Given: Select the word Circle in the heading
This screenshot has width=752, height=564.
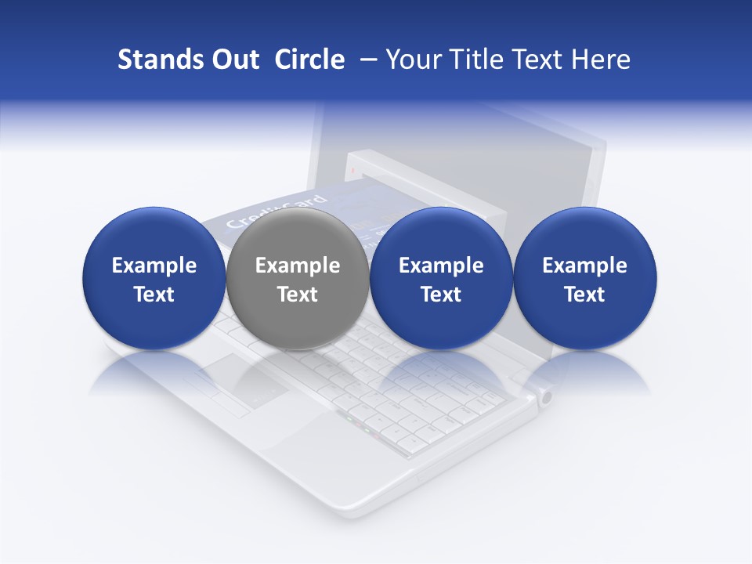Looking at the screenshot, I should [x=309, y=60].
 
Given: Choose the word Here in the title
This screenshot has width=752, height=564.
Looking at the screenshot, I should [x=602, y=60].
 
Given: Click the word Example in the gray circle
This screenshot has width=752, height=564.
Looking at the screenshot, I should [x=298, y=266].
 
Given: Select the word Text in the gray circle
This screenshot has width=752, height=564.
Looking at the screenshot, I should [x=298, y=295].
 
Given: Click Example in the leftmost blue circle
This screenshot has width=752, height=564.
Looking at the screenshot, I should [x=154, y=266].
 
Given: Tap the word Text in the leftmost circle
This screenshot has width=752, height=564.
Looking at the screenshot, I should [x=154, y=295].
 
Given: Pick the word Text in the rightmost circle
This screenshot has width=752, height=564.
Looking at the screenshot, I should [x=584, y=295].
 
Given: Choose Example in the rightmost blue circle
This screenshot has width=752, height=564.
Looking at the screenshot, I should [x=584, y=266].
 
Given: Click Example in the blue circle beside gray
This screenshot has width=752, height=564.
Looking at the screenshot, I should [x=441, y=266].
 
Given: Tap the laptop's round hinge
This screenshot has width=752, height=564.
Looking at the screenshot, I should [x=545, y=397].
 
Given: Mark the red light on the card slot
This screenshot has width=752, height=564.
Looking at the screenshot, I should [x=353, y=170].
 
